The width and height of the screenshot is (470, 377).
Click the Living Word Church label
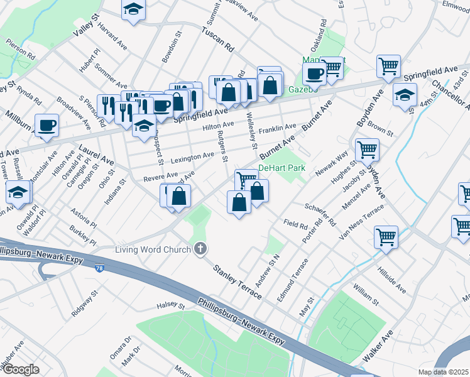pos(152,250)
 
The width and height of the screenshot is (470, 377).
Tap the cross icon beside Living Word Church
pos(200,249)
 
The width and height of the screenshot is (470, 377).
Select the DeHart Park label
pos(281,168)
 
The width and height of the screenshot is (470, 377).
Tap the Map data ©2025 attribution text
pos(443,372)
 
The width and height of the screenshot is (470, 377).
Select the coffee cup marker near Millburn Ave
pos(47,126)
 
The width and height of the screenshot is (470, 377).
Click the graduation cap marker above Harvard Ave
pos(133,9)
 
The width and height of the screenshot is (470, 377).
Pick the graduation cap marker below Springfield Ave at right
pos(405,96)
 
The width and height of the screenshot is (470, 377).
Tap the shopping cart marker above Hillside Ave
pos(386,238)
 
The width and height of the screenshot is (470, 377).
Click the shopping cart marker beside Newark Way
pos(367,150)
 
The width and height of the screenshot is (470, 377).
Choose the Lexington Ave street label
pos(192,156)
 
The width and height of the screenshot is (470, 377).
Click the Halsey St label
pos(170,307)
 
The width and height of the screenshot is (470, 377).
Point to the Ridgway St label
pos(85,303)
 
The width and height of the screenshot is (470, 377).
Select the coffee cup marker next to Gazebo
pos(314,74)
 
